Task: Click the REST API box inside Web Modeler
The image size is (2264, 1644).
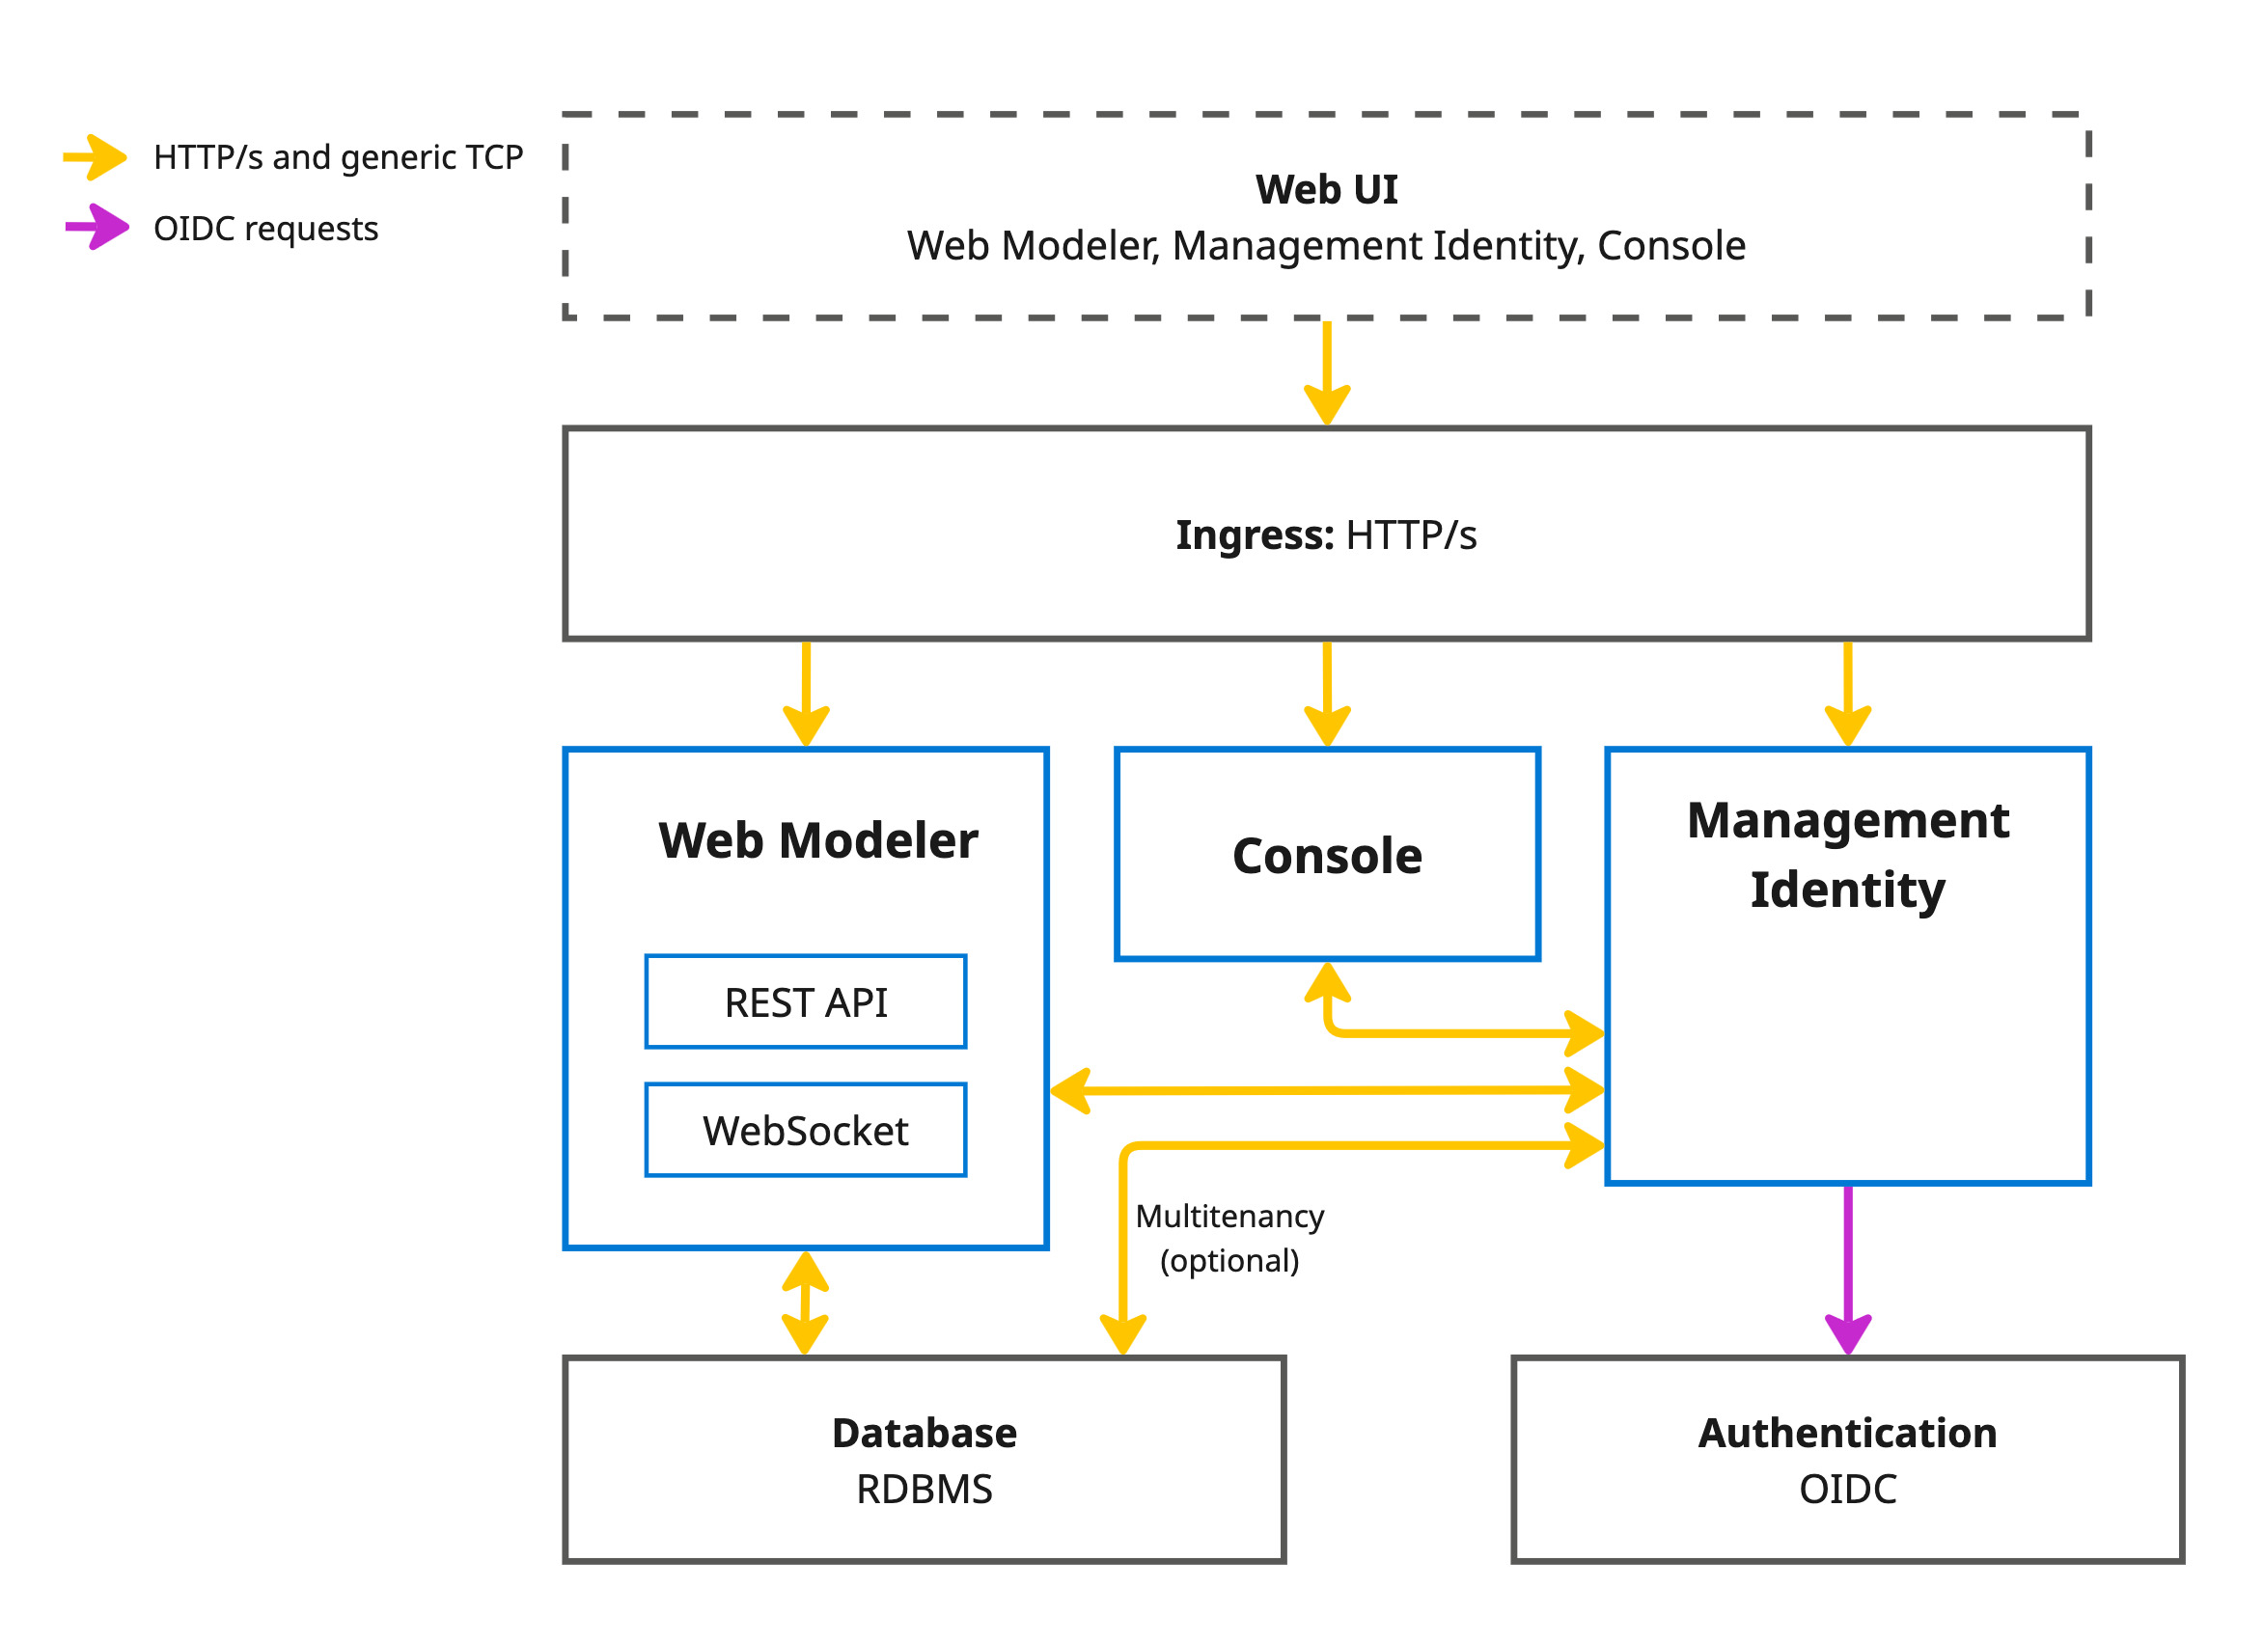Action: click(x=806, y=1002)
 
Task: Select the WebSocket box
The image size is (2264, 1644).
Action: click(x=806, y=1131)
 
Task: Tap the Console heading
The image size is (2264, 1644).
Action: click(x=1327, y=857)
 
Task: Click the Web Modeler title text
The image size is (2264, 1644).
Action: click(x=817, y=840)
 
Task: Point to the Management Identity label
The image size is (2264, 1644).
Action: click(x=1848, y=855)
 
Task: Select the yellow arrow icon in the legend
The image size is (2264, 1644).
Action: click(x=95, y=156)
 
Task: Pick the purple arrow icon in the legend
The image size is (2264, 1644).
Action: click(x=96, y=228)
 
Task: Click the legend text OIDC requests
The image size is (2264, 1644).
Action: click(x=265, y=229)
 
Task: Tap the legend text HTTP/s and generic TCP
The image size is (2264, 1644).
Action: click(x=338, y=157)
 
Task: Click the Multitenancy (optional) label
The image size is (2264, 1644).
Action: click(x=1229, y=1239)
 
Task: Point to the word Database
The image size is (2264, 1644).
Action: click(x=925, y=1434)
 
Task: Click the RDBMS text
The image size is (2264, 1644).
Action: click(x=925, y=1490)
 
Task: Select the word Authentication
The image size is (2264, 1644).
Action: click(x=1848, y=1434)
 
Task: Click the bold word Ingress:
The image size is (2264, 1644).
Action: click(x=1254, y=535)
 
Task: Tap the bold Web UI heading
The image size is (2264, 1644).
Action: click(x=1326, y=190)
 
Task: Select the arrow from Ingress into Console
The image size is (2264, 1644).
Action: click(x=1327, y=693)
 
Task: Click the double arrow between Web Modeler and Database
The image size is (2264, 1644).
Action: click(x=805, y=1302)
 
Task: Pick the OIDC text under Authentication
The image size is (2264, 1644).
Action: click(x=1848, y=1490)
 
